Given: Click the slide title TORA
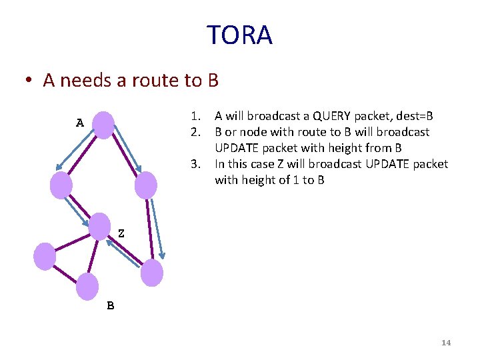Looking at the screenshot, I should [x=239, y=35].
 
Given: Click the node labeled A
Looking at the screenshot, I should [x=103, y=125].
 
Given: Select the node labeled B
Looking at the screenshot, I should [x=87, y=286].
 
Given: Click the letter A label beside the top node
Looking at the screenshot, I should [x=80, y=123].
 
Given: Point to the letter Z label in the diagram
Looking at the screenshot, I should [x=121, y=234].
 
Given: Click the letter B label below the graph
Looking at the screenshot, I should [x=111, y=306].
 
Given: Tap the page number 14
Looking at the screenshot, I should [x=446, y=343].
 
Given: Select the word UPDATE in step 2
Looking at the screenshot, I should [x=235, y=148].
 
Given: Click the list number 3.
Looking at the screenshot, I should [x=195, y=164].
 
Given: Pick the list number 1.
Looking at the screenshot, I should [x=195, y=115].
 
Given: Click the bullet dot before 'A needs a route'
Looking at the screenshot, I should [x=28, y=81].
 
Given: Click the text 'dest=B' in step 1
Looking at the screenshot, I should [x=415, y=115].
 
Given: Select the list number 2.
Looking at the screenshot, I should [x=195, y=132].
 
